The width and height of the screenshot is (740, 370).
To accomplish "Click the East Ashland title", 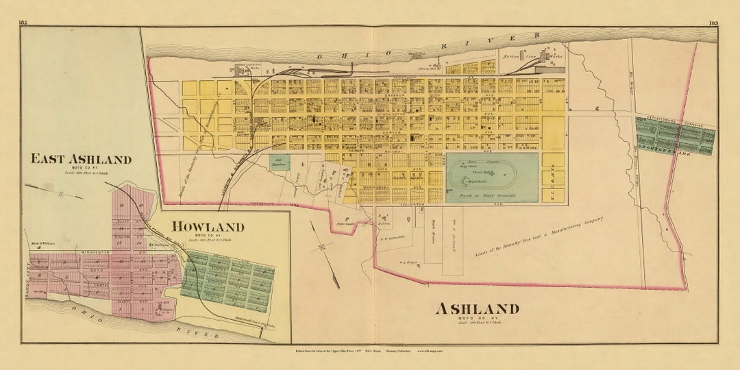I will (81, 160).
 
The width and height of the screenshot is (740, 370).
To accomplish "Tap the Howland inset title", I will (208, 227).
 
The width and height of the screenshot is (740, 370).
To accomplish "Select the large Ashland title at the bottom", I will (477, 308).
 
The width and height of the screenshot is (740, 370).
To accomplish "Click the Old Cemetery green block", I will (282, 162).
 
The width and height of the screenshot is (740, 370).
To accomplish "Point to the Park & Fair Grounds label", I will (492, 196).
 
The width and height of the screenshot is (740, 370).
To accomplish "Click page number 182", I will (23, 23).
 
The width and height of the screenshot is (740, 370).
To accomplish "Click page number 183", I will (713, 23).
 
